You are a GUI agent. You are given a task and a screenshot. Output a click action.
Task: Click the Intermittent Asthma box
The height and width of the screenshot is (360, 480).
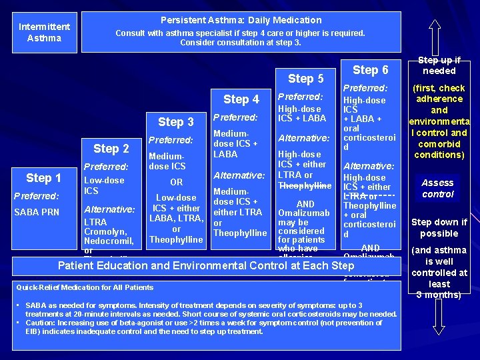[x=44, y=32]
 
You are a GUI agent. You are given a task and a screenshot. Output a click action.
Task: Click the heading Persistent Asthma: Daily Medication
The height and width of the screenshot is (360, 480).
[x=241, y=20]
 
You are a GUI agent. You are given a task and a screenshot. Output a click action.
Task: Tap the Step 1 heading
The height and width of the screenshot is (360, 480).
[x=43, y=178]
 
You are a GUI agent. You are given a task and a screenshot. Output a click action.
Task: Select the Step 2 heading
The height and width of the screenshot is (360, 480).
[x=111, y=148]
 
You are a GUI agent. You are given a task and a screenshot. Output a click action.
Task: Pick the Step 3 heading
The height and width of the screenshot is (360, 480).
[x=175, y=122]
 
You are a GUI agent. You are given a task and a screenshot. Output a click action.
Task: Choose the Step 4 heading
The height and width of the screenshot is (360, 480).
[x=241, y=99]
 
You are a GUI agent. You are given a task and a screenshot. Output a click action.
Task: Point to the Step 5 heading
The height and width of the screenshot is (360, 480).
[x=305, y=78]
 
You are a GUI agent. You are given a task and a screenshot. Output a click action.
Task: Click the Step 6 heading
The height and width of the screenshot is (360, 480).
[x=370, y=69]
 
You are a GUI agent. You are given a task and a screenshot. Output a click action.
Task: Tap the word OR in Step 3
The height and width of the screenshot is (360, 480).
[x=176, y=181]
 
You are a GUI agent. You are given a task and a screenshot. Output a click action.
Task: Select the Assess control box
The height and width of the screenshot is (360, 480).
[x=437, y=188]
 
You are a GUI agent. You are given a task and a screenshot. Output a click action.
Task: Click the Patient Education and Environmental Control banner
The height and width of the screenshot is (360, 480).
[x=206, y=265]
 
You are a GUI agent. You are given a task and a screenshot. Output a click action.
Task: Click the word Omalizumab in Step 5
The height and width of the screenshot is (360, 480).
[x=303, y=213]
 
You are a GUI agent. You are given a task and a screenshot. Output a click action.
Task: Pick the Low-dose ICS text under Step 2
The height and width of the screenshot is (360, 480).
[x=103, y=185]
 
